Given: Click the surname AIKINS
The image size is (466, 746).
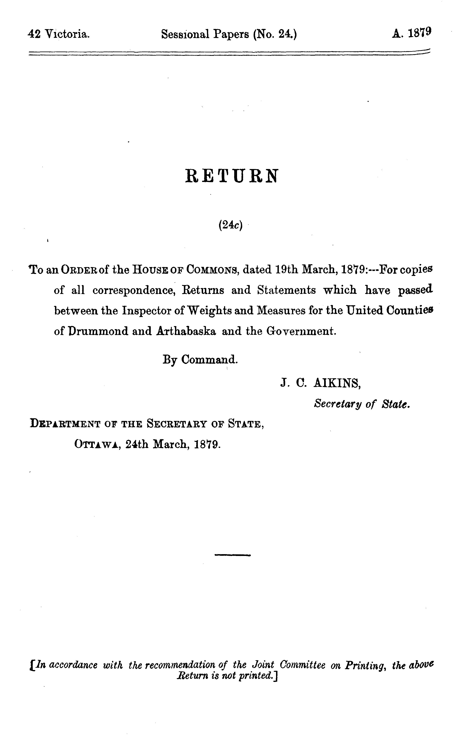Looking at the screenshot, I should coord(337,383).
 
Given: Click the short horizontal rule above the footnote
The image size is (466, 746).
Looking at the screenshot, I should coord(232,555).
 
